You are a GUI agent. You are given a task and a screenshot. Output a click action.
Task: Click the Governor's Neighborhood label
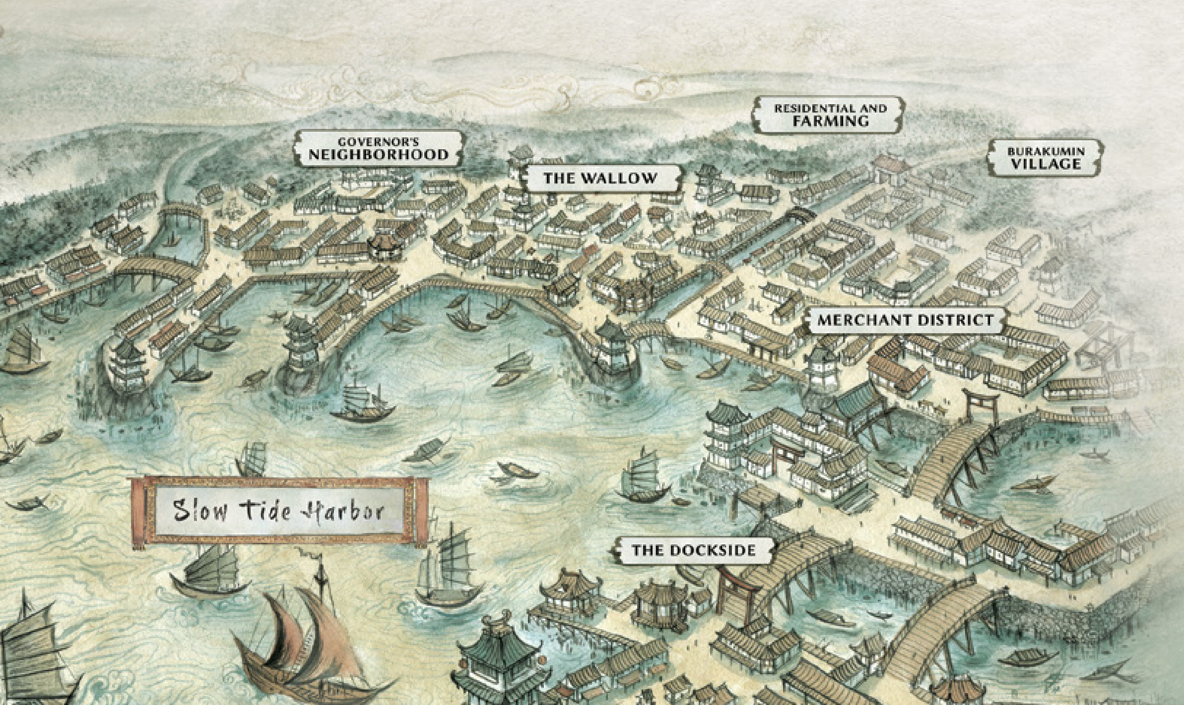click(378, 149)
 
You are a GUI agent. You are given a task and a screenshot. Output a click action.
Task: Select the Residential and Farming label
click(830, 115)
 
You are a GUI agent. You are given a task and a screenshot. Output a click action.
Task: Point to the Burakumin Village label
click(1046, 158)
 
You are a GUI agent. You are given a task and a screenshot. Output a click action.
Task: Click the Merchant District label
click(905, 320)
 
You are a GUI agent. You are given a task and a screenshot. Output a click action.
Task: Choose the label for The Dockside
click(693, 550)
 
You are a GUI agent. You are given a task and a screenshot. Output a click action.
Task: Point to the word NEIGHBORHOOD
click(378, 155)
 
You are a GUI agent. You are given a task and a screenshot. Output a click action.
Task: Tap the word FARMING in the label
click(830, 121)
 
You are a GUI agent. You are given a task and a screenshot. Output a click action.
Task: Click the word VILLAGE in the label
click(1046, 164)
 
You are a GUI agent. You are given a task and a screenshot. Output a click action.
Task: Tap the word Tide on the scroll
click(265, 511)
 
